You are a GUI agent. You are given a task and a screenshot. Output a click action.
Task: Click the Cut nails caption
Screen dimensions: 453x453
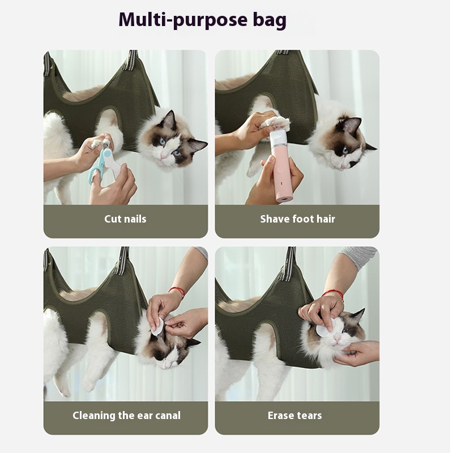[x=125, y=219]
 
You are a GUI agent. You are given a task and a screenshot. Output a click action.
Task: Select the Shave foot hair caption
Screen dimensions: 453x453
[x=297, y=219]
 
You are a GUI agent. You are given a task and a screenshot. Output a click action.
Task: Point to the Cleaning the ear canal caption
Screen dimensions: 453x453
[x=126, y=415]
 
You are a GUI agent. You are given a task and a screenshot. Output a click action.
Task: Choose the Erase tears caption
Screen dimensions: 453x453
[x=294, y=415]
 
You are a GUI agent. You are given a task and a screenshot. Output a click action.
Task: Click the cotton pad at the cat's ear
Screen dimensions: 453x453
[x=157, y=325]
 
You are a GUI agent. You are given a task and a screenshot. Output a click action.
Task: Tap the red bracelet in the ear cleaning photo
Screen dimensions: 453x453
[x=178, y=291]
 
